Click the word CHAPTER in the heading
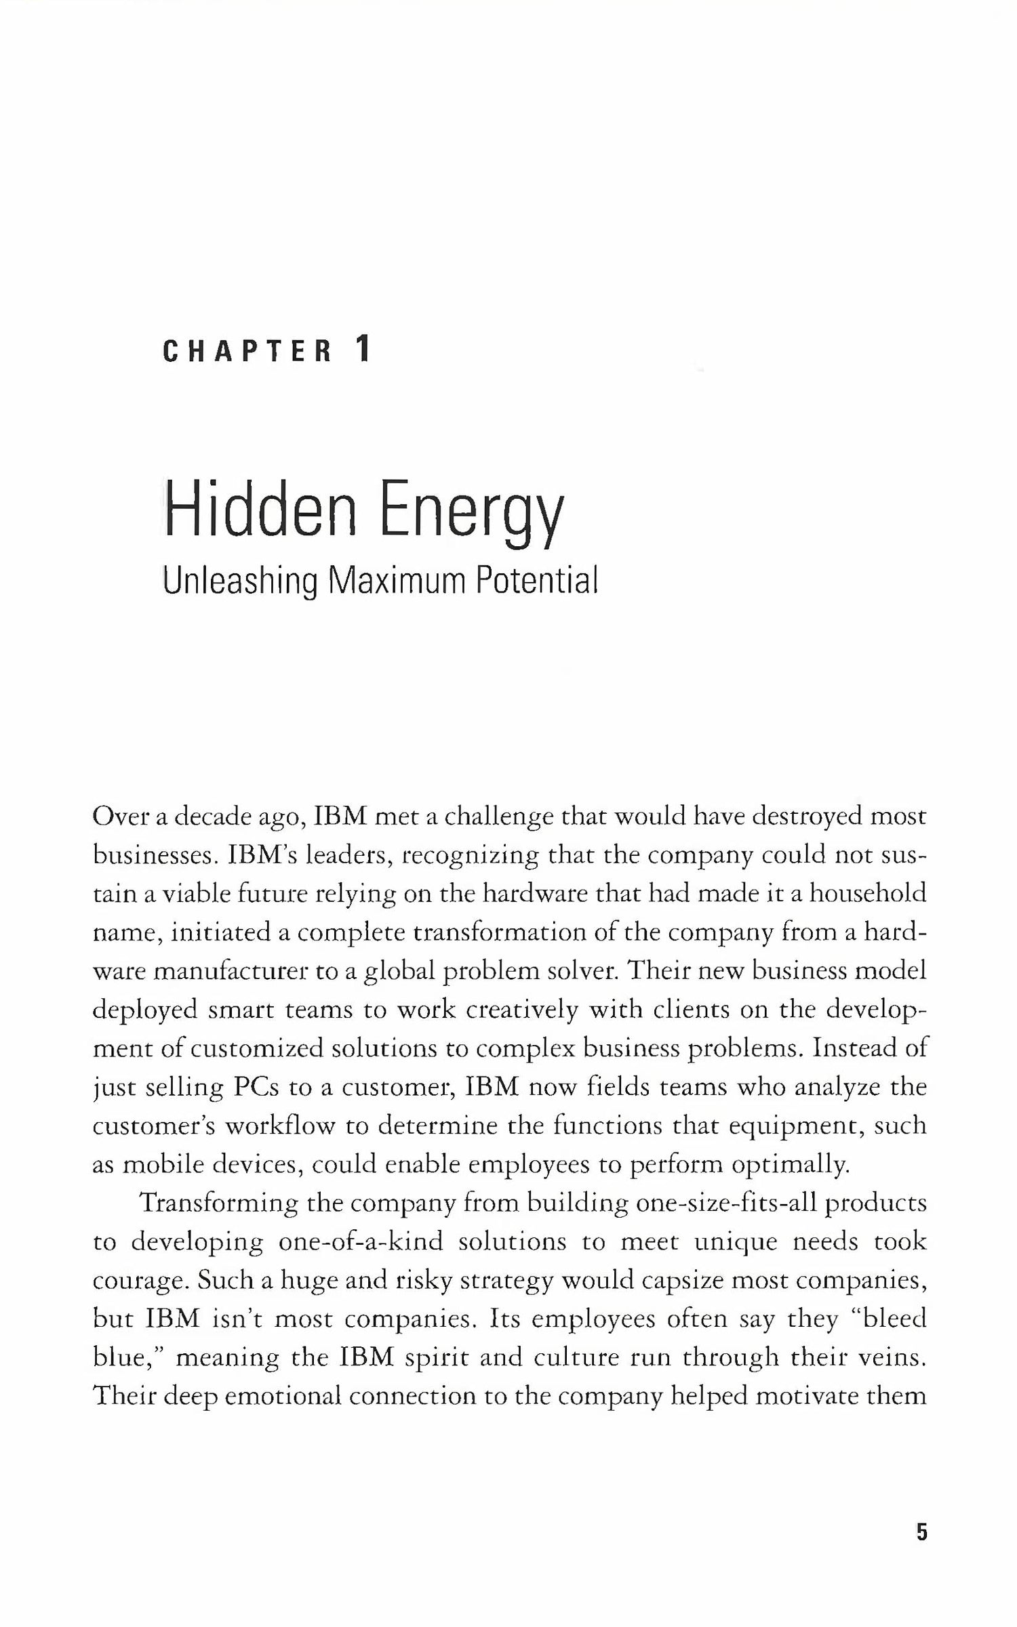pyautogui.click(x=247, y=352)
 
